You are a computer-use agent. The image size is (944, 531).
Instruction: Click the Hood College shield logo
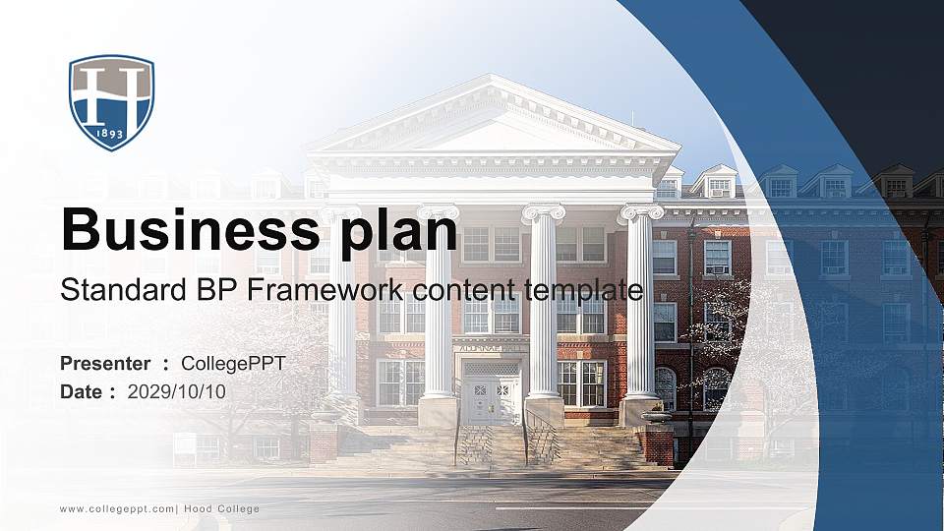tap(111, 102)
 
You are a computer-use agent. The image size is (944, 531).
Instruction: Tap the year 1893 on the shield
tap(111, 134)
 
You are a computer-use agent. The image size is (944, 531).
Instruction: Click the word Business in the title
tap(185, 231)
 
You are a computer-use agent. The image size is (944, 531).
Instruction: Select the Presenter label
tap(105, 364)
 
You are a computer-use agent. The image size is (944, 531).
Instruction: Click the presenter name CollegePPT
tap(233, 364)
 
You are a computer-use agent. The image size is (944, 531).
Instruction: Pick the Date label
tap(82, 391)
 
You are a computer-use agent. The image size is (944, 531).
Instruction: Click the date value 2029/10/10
tap(177, 391)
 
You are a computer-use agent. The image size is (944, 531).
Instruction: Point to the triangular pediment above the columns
tap(492, 123)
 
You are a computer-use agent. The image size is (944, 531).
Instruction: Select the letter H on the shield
tap(111, 93)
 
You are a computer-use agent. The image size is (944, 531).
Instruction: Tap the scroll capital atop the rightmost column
tap(640, 211)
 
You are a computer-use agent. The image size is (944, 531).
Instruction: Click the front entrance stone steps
tap(492, 447)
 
